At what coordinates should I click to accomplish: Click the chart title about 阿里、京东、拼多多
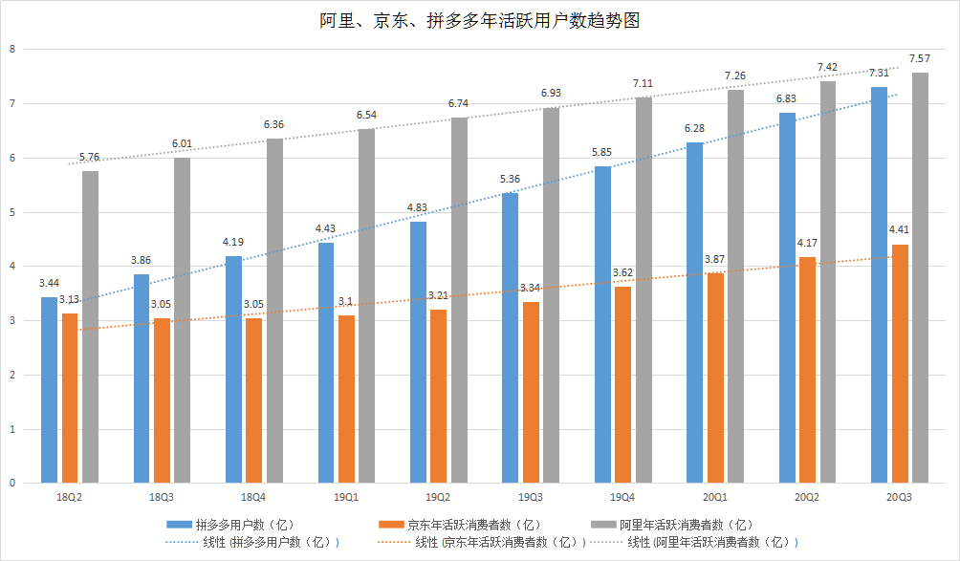pos(479,19)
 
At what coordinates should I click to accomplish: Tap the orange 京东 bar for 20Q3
pos(900,363)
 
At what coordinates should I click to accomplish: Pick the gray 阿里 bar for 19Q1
pos(366,306)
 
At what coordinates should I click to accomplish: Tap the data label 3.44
pos(49,284)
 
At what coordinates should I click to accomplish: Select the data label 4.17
pos(807,244)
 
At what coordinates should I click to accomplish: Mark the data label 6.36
pos(273,125)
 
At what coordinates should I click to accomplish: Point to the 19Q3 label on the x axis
pos(531,498)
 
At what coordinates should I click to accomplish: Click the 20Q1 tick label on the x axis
pos(714,498)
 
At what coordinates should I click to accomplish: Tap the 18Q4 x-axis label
pos(253,498)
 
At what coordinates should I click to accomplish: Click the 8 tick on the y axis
pos(11,49)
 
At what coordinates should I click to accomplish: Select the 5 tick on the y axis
pos(11,211)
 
